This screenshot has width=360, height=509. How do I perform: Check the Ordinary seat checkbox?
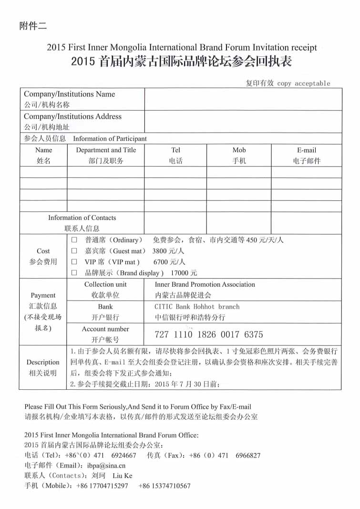[74, 240]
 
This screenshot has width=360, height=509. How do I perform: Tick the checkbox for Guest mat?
[74, 251]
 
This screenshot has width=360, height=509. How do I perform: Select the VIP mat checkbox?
[74, 262]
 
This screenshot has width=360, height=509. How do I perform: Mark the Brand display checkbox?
[74, 273]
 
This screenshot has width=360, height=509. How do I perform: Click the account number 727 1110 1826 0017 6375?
[209, 334]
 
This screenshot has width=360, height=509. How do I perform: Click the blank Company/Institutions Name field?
[243, 99]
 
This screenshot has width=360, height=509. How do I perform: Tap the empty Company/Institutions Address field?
[243, 122]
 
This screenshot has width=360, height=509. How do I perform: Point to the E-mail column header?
[307, 150]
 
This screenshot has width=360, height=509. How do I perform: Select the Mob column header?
[239, 150]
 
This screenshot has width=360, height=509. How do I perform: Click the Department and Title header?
[106, 150]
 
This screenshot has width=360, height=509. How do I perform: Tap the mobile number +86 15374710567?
[165, 486]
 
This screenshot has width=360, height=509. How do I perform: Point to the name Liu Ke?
[123, 476]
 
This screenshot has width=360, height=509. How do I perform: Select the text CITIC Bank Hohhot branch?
[197, 307]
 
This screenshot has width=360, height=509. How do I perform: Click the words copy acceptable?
[304, 83]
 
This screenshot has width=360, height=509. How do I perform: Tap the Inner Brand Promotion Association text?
[205, 285]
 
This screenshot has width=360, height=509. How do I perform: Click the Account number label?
[105, 329]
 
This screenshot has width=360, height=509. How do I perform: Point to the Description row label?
[43, 363]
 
